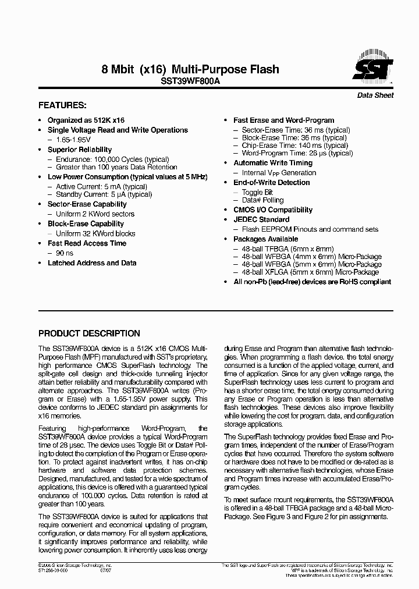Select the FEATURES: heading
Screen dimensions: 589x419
pyautogui.click(x=62, y=105)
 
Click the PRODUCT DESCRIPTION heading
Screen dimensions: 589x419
pyautogui.click(x=89, y=333)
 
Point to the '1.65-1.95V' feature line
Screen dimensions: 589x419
pyautogui.click(x=73, y=140)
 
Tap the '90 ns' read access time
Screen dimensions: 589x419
pyautogui.click(x=65, y=253)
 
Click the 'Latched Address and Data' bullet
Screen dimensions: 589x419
pyautogui.click(x=92, y=263)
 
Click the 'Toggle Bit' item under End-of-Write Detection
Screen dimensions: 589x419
pyautogui.click(x=257, y=192)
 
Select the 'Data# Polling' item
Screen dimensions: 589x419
pyautogui.click(x=262, y=200)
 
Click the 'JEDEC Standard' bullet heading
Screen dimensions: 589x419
pyautogui.click(x=261, y=219)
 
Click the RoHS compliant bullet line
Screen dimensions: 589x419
pyautogui.click(x=312, y=282)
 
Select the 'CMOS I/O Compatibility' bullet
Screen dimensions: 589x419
pyautogui.click(x=273, y=210)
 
